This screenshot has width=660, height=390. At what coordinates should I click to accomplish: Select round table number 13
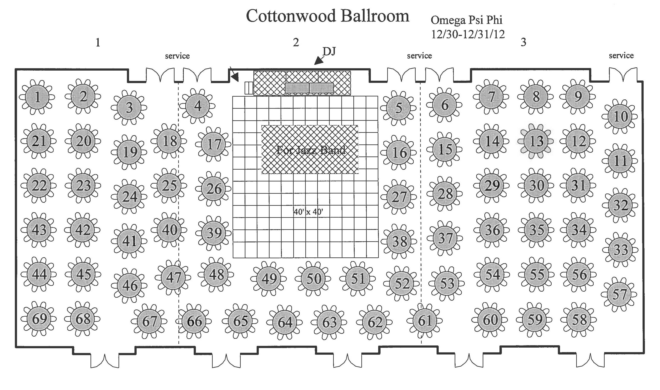pyautogui.click(x=536, y=141)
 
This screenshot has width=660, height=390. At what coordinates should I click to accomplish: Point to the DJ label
pyautogui.click(x=329, y=51)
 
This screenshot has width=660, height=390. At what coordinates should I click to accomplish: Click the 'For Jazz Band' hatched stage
pyautogui.click(x=310, y=150)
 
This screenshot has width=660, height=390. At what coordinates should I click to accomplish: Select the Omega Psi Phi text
pyautogui.click(x=466, y=20)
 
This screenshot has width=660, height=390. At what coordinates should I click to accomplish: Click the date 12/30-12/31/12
pyautogui.click(x=468, y=34)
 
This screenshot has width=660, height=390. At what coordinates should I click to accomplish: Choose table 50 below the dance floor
pyautogui.click(x=313, y=279)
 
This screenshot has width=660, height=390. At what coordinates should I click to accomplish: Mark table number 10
pyautogui.click(x=620, y=116)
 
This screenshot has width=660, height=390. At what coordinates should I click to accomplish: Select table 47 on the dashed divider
pyautogui.click(x=173, y=277)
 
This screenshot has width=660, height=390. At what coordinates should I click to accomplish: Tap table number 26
pyautogui.click(x=213, y=188)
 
